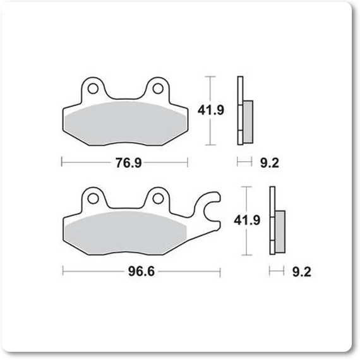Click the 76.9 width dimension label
[x=128, y=163]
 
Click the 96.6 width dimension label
[x=141, y=272]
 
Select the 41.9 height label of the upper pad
[x=210, y=110]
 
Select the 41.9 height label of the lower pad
[x=247, y=220]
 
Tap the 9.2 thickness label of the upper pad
[x=270, y=163]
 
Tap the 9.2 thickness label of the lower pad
[x=302, y=272]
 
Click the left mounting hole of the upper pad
[x=93, y=88]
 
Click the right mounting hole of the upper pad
[x=158, y=88]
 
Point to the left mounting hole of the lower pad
[x=93, y=198]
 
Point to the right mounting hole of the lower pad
[x=158, y=198]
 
